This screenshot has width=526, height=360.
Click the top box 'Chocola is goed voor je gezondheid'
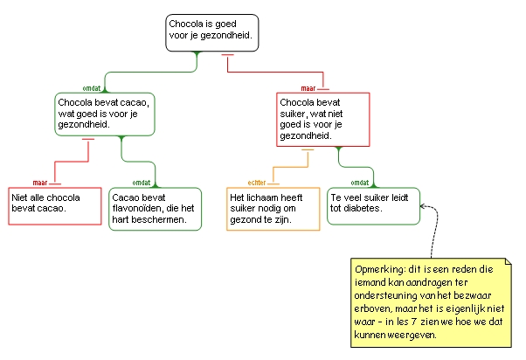211,32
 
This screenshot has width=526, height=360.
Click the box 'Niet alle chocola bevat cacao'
51,205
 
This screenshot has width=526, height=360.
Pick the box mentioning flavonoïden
155,209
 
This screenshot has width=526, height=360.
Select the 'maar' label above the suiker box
308,88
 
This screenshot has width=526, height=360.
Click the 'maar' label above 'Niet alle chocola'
40,183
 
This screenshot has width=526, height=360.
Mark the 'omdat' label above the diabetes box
358,183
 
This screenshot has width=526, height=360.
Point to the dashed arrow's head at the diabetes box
423,206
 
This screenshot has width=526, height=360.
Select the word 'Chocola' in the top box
186,24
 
